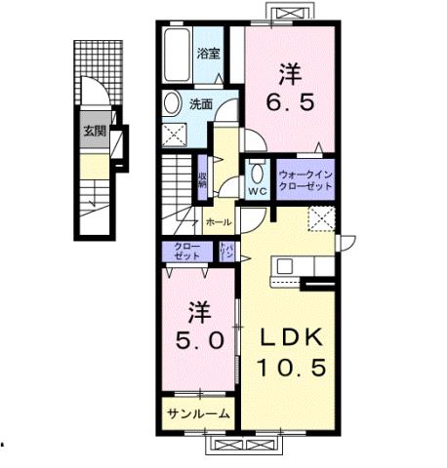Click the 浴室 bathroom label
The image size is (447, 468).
(x=208, y=53)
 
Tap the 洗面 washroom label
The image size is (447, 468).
(x=201, y=103)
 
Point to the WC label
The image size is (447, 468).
(x=258, y=190)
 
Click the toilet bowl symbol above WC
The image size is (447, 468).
(x=258, y=171)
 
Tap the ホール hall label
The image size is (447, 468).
(x=219, y=222)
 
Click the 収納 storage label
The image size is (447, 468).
(x=203, y=178)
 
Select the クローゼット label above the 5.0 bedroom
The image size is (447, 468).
(x=187, y=250)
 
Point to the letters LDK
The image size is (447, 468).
(x=289, y=336)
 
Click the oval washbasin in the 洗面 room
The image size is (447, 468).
(x=173, y=103)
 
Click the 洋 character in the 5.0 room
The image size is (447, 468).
(x=199, y=312)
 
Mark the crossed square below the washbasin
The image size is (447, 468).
(x=179, y=135)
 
